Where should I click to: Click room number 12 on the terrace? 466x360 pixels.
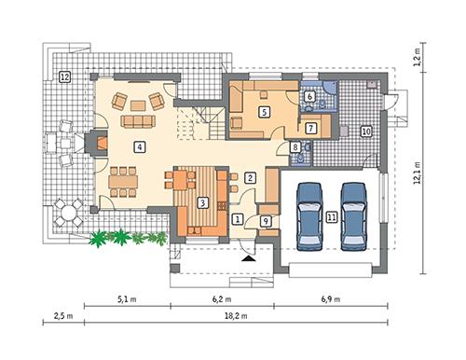point(64,76)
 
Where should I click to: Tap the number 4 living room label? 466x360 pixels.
point(138,146)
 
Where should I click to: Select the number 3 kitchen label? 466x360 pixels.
point(202,203)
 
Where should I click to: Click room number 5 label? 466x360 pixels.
point(265,112)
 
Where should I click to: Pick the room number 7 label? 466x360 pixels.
point(311,128)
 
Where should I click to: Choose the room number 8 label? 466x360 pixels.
point(295,147)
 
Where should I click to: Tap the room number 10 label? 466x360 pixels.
point(365,132)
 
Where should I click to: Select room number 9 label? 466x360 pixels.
point(266,221)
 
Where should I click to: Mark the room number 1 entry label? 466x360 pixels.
point(238,218)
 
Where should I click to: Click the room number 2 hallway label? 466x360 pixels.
point(249,176)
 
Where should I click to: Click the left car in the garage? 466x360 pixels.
point(309,215)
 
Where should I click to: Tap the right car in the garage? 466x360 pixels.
point(353,215)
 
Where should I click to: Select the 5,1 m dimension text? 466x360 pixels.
point(127,299)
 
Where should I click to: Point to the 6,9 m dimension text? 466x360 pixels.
point(331,299)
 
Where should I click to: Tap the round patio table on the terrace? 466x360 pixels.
point(66,213)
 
